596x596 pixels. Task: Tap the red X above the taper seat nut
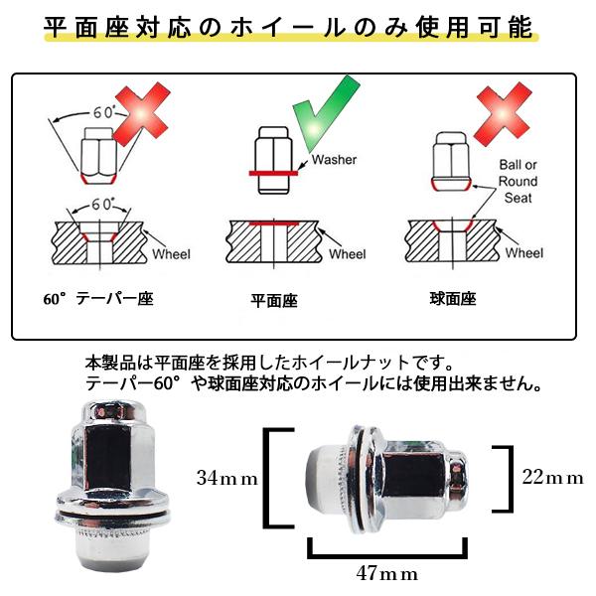[x=141, y=114]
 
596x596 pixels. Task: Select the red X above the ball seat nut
[x=503, y=114]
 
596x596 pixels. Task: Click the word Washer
[x=334, y=160]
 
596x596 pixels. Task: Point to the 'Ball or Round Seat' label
[x=518, y=182]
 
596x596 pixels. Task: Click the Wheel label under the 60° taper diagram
[x=171, y=254]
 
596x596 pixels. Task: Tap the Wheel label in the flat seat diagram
[x=348, y=254]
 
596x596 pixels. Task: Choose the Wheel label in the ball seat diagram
[x=524, y=252]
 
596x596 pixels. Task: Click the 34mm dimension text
[x=227, y=478]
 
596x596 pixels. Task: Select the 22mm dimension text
[x=552, y=477]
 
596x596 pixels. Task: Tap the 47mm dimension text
[x=387, y=573]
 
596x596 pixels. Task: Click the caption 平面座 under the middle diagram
[x=274, y=301]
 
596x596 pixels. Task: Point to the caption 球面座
[x=453, y=299]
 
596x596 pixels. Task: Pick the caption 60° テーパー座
[x=98, y=299]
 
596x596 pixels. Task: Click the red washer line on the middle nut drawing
[x=274, y=174]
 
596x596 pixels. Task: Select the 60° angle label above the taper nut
[x=103, y=112]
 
